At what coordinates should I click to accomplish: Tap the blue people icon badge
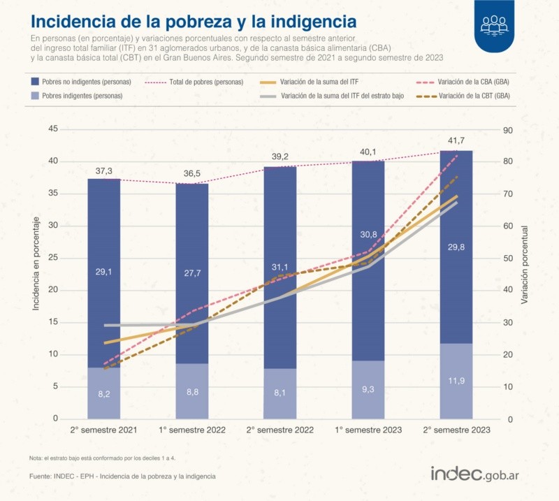(x=495, y=25)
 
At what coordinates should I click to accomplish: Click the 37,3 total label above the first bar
(x=103, y=171)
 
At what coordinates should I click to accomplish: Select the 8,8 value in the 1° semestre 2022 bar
(x=191, y=392)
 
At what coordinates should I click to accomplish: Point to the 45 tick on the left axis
(x=52, y=129)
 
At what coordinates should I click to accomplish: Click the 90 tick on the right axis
(x=508, y=129)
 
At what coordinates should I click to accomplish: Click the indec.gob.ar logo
(x=479, y=473)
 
